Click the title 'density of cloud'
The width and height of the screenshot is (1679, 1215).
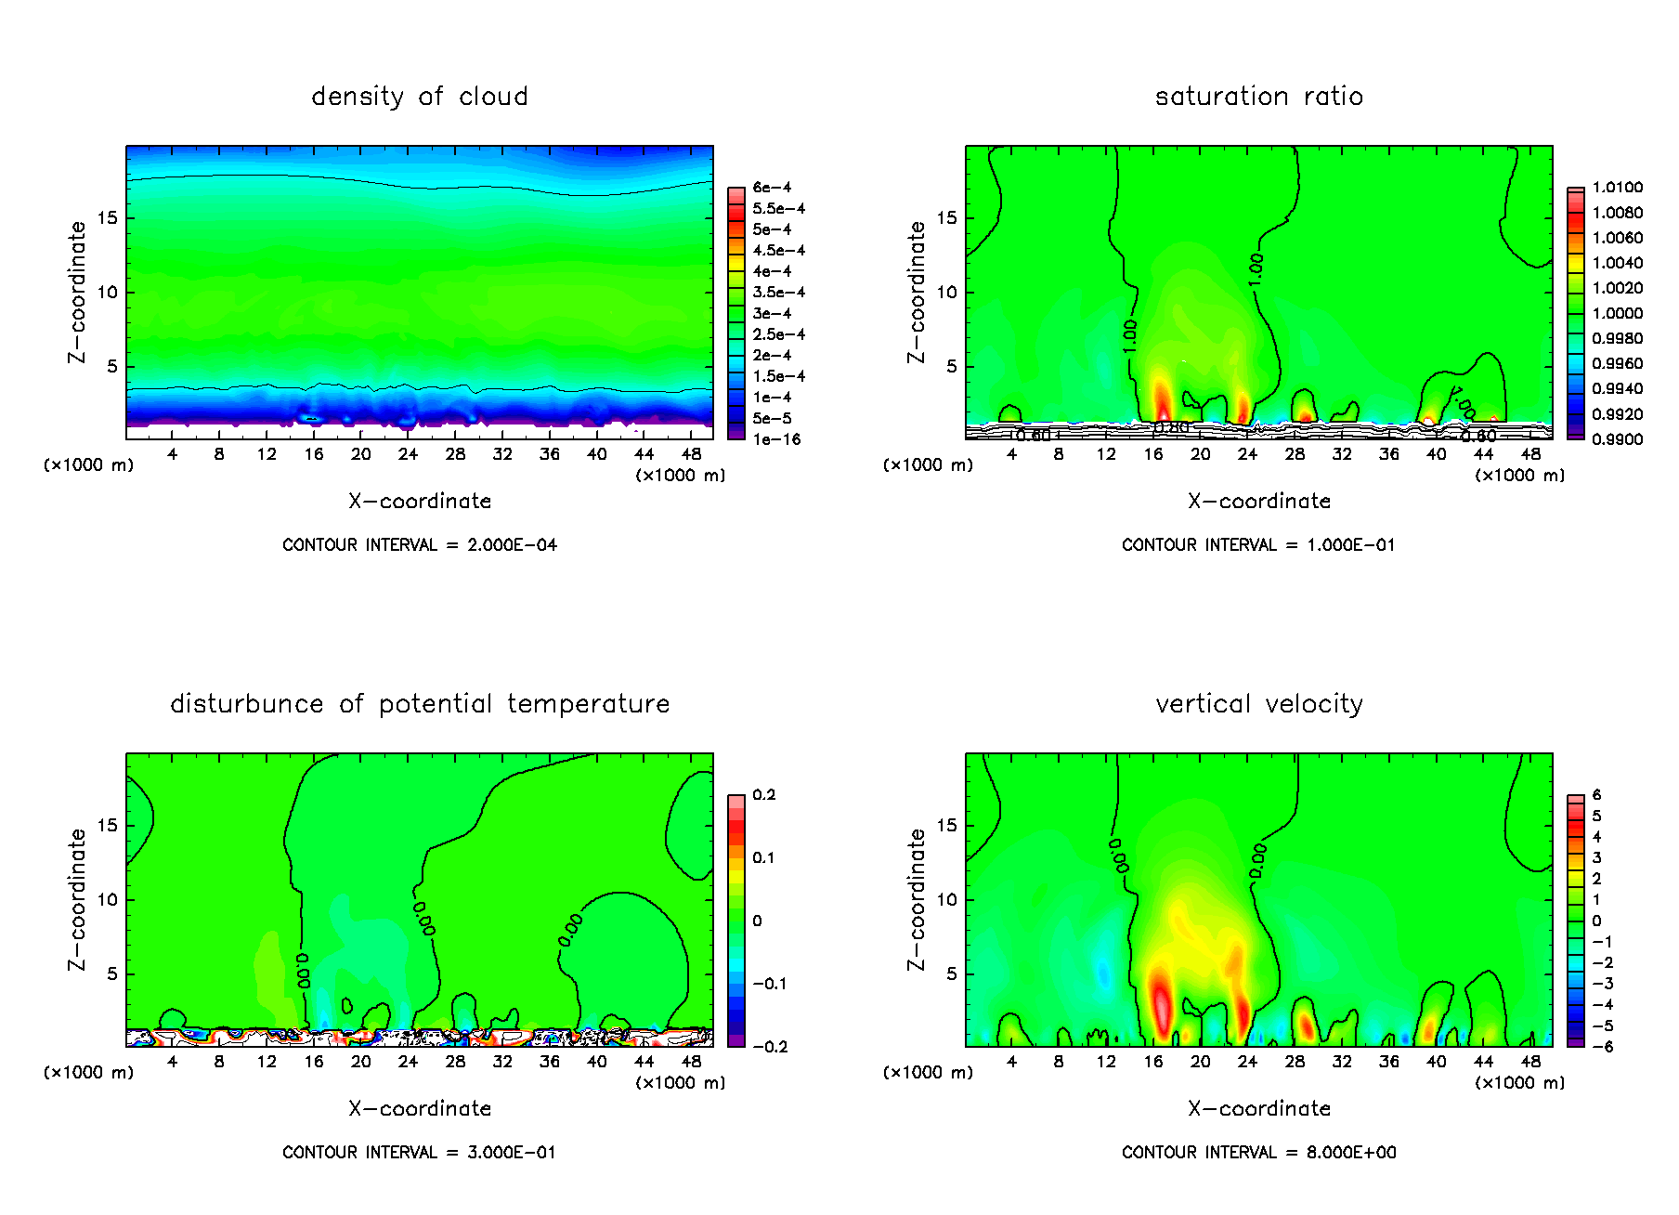420,97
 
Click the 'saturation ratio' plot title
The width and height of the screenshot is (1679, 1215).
1258,97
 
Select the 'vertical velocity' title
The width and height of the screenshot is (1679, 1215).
1258,704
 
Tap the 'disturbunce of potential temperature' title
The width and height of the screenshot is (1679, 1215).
420,704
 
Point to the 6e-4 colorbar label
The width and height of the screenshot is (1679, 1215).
772,188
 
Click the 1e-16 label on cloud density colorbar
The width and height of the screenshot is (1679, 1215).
776,439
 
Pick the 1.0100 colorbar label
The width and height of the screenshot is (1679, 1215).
1617,188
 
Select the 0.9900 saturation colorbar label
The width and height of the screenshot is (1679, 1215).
1617,439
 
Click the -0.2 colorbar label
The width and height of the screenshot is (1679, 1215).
770,1047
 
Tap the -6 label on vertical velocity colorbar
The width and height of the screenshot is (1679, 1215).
1602,1047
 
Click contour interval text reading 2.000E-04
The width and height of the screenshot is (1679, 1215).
420,545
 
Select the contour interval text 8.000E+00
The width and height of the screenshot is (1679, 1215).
1258,1153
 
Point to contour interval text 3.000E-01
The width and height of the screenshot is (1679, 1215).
420,1153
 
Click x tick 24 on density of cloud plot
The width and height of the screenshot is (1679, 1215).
408,454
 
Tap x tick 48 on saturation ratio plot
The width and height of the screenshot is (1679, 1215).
1530,454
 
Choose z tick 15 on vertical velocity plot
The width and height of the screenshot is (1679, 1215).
946,826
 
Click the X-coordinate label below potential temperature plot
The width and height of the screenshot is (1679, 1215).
420,1108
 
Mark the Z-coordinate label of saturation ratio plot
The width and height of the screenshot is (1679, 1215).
917,292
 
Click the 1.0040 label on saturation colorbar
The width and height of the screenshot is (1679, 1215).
1617,263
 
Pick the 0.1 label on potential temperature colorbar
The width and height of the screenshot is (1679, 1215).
763,857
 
